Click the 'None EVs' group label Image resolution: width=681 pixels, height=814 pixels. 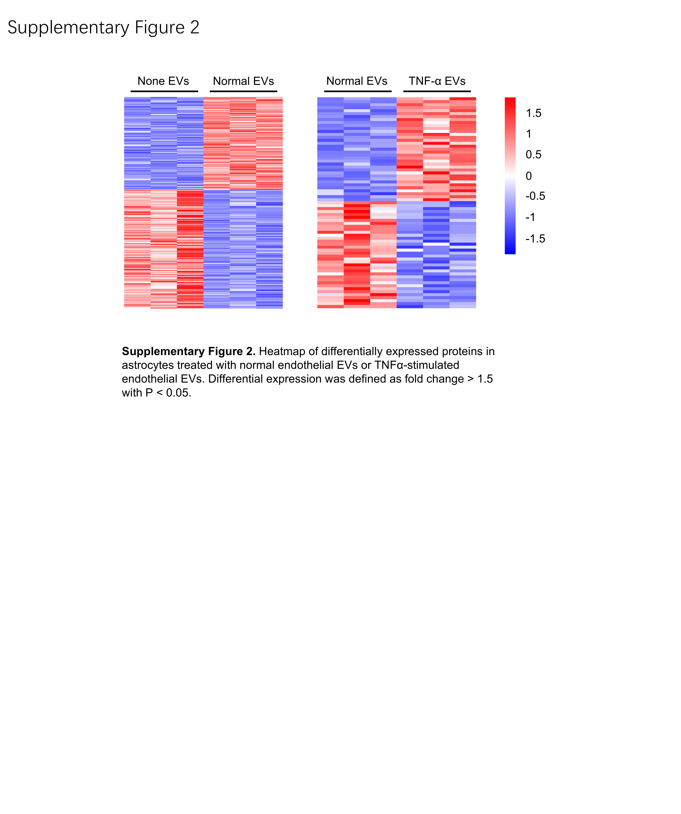pos(163,81)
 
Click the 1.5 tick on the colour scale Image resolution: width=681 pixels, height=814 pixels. pos(533,113)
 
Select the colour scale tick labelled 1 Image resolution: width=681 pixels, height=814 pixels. pos(529,134)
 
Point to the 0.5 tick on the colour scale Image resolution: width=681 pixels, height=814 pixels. pos(533,155)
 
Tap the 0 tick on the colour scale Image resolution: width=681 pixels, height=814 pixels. pos(529,176)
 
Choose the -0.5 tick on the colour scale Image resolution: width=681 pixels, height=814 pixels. pos(535,196)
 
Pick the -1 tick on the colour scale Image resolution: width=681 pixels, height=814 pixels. pos(530,217)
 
